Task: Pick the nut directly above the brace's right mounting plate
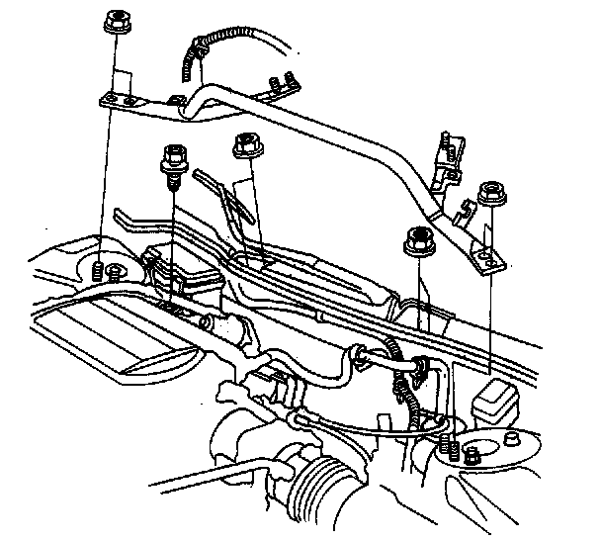[x=489, y=192]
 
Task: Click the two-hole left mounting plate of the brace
[x=122, y=99]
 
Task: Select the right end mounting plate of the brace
[x=487, y=258]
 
